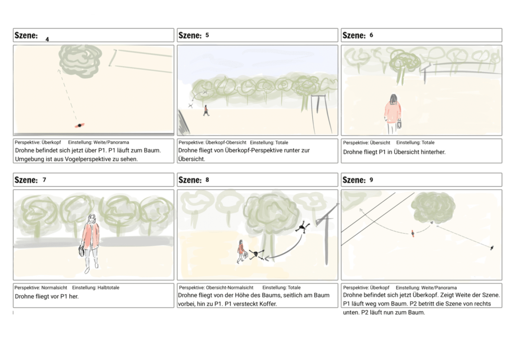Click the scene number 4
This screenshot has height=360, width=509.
click(47, 39)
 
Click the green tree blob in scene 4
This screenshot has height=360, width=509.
click(80, 60)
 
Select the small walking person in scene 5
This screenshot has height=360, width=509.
click(206, 110)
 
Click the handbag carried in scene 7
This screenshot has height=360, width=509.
click(81, 251)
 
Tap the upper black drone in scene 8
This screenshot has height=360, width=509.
click(301, 228)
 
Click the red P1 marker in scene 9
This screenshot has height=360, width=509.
click(412, 233)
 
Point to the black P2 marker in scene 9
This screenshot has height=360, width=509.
click(492, 247)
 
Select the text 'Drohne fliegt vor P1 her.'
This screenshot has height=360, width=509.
click(47, 296)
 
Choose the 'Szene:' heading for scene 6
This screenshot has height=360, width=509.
click(354, 35)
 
